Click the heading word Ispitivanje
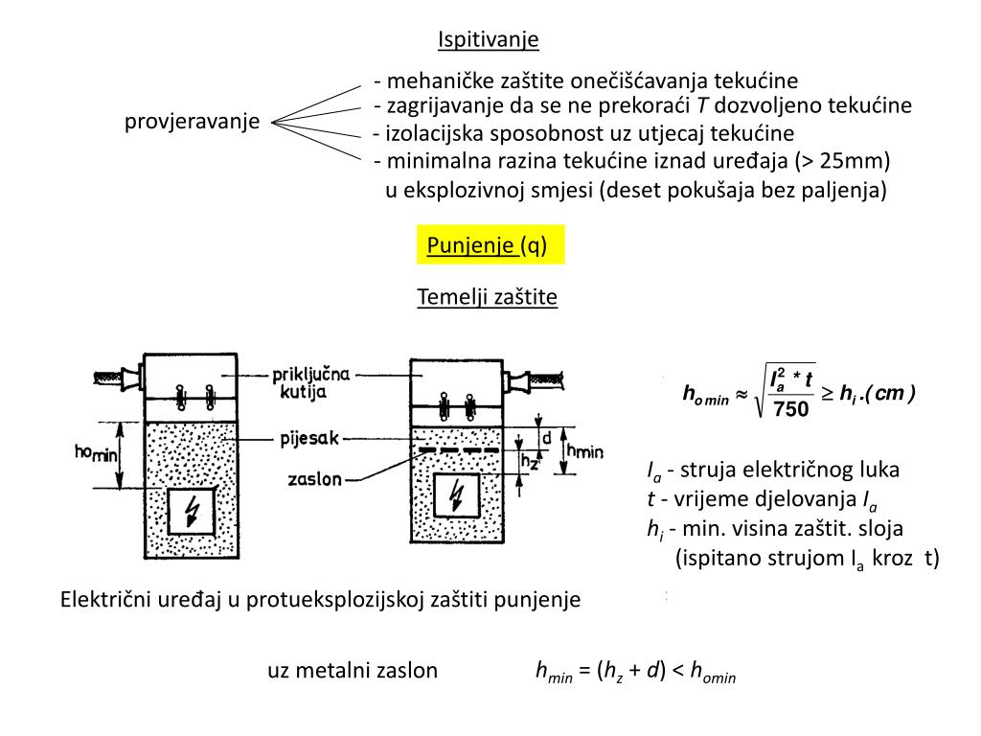[489, 39]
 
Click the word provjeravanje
[193, 122]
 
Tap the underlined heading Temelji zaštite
[487, 297]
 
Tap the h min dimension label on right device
[585, 451]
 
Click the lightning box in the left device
[193, 511]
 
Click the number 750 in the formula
[790, 409]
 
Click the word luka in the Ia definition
[879, 471]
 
